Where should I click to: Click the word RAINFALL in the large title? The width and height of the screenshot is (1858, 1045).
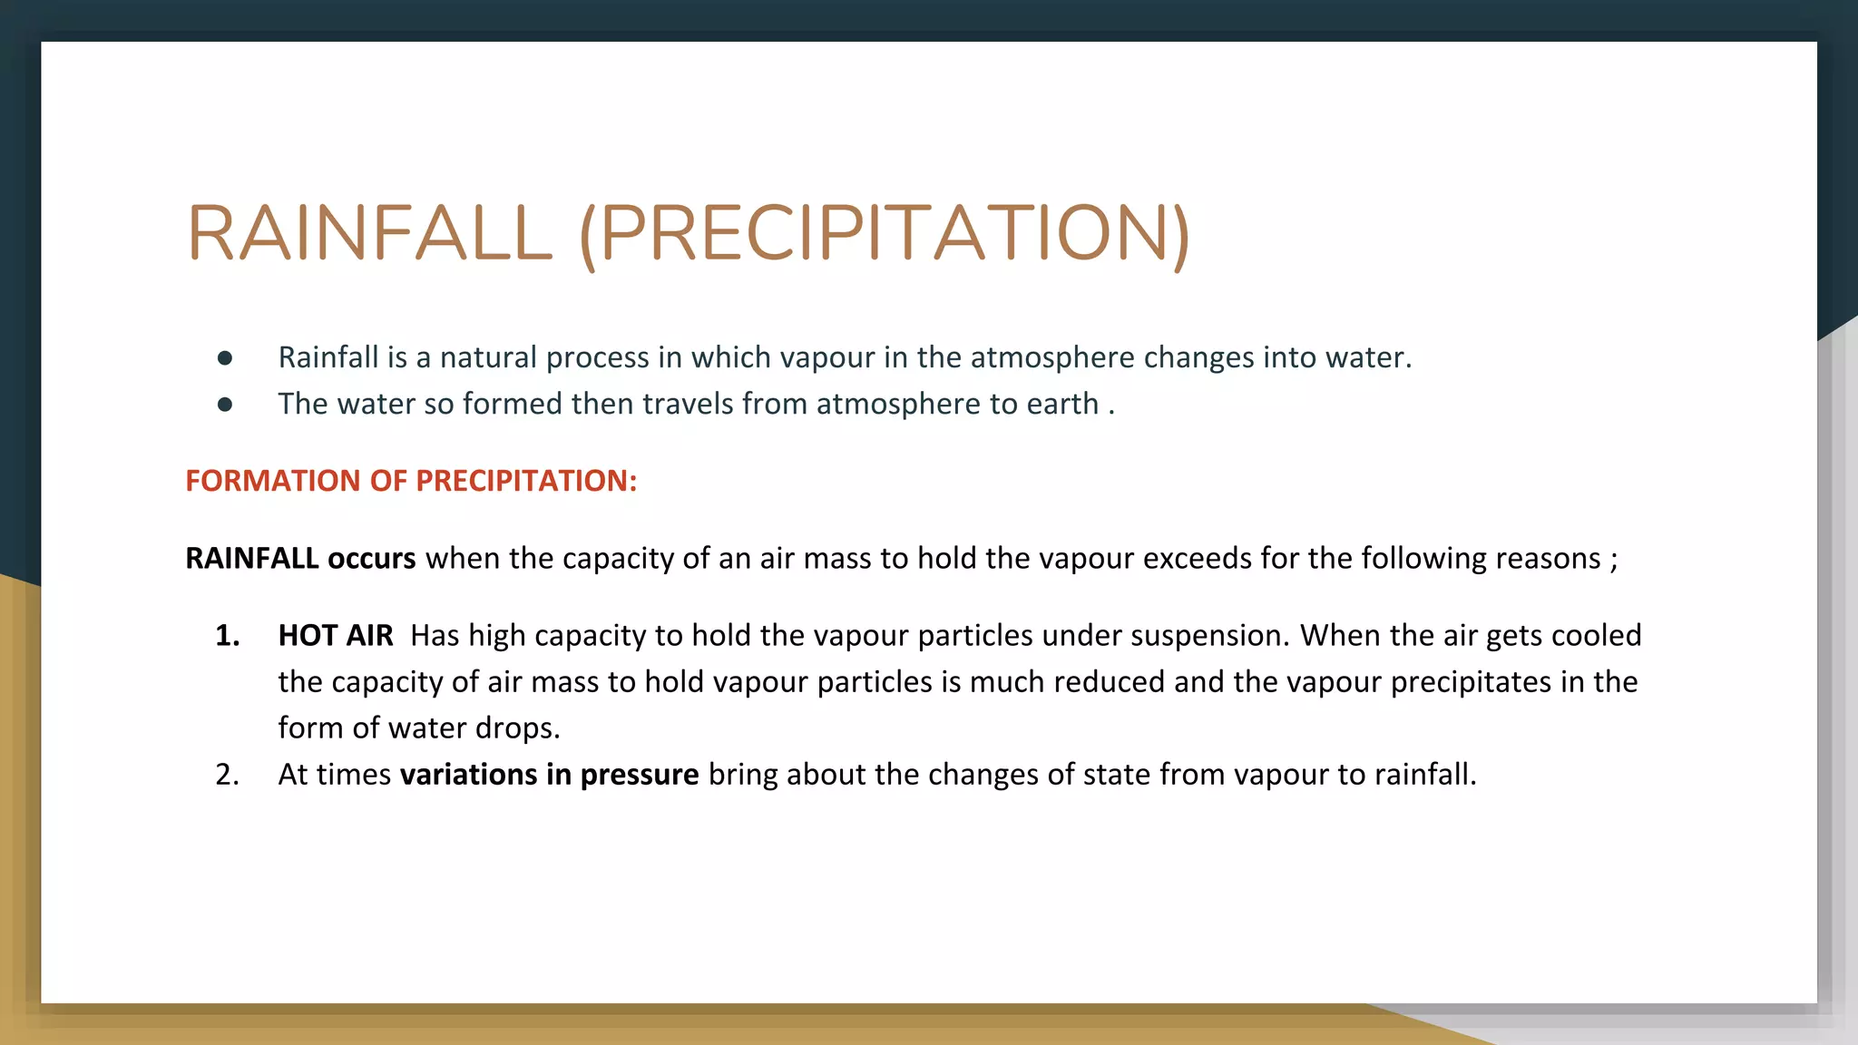[x=369, y=233]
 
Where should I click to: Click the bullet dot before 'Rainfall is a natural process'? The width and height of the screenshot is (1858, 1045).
[x=225, y=358]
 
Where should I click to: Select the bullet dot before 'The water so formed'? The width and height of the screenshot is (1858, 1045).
[x=225, y=405]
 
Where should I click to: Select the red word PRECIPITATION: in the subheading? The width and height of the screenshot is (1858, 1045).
[x=526, y=481]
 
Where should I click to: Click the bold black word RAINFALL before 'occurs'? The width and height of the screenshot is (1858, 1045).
[x=251, y=558]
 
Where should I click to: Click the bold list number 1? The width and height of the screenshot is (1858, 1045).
[x=228, y=636]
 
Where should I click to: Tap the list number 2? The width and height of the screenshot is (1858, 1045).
[x=228, y=775]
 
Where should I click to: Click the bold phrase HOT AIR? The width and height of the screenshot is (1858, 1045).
[x=336, y=636]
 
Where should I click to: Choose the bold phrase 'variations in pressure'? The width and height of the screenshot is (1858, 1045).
[x=549, y=775]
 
